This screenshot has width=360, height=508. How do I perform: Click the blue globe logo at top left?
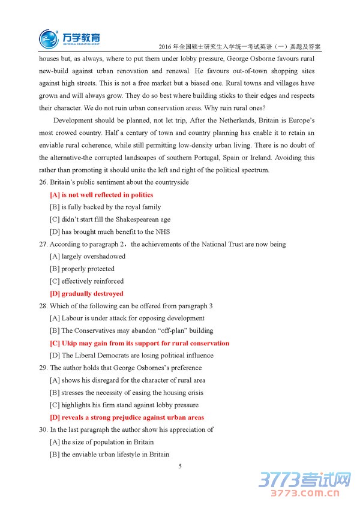click(49, 39)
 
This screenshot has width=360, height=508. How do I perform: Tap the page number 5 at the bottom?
click(179, 466)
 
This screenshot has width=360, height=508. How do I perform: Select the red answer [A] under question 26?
click(101, 195)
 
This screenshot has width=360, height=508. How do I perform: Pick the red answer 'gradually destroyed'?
click(86, 294)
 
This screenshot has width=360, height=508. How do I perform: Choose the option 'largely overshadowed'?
click(88, 257)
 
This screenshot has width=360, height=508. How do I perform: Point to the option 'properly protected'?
click(82, 269)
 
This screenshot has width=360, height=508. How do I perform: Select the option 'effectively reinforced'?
click(87, 281)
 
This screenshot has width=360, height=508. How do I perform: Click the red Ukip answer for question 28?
click(139, 344)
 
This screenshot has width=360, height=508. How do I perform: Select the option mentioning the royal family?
click(106, 207)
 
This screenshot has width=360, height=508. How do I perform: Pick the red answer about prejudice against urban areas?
click(127, 418)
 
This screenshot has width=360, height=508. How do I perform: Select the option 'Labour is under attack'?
click(127, 318)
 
